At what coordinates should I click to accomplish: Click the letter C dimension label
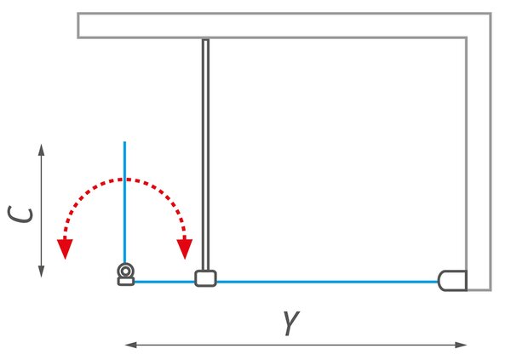click(x=20, y=214)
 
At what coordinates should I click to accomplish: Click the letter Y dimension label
click(x=291, y=323)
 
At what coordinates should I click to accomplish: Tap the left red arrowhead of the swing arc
click(x=66, y=249)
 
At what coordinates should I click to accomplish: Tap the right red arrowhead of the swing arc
click(x=185, y=249)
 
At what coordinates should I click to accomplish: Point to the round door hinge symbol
click(x=125, y=271)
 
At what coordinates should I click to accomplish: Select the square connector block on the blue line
click(x=205, y=278)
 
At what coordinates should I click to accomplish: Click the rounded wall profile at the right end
click(x=453, y=281)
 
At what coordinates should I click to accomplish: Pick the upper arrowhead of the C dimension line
click(x=41, y=150)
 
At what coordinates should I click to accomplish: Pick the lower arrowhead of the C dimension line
click(x=41, y=271)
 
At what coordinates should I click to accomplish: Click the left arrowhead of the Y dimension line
click(x=131, y=345)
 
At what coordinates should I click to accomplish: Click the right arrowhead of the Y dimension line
click(x=461, y=345)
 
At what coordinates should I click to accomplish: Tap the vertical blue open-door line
click(x=124, y=202)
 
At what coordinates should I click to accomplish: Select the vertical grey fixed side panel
click(x=205, y=155)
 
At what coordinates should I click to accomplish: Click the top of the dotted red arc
click(x=124, y=180)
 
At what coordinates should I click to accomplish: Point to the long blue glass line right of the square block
click(x=327, y=282)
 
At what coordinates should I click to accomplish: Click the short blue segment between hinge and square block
click(x=164, y=282)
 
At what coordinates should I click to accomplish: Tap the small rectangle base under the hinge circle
click(x=126, y=282)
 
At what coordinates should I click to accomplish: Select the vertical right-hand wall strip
click(x=479, y=163)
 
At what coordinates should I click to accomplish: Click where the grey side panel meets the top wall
click(x=205, y=39)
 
